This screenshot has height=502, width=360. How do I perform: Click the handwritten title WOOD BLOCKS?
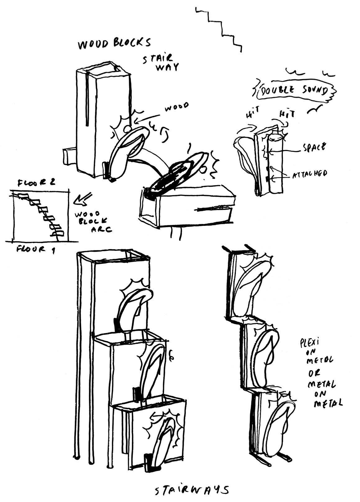pyautogui.click(x=114, y=44)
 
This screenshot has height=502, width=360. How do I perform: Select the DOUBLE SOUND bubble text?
pyautogui.click(x=294, y=90)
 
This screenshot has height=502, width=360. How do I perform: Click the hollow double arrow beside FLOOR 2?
pyautogui.click(x=82, y=199)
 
